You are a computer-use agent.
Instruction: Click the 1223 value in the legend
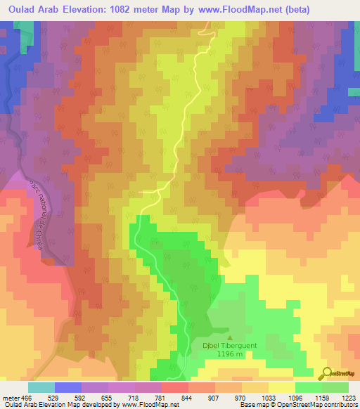[349, 398]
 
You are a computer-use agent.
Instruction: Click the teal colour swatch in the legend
[41, 387]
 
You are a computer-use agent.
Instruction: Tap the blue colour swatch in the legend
[68, 387]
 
